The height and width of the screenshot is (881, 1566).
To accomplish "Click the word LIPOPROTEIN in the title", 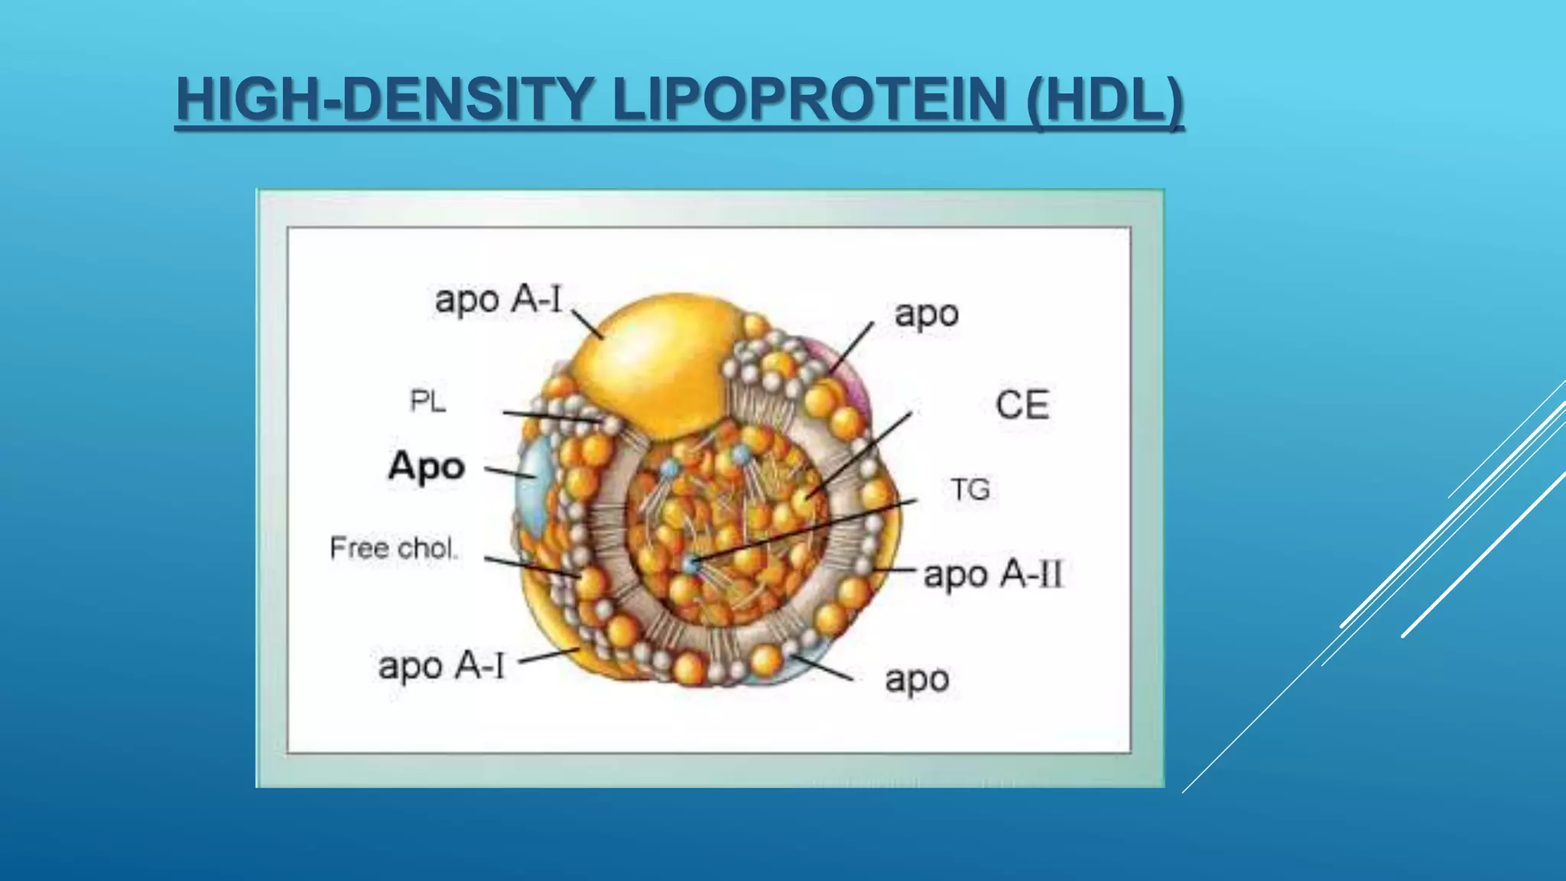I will coord(809,99).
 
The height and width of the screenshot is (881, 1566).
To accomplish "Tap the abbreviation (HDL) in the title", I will coord(1105,99).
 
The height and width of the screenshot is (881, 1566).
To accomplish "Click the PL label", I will coord(427,401).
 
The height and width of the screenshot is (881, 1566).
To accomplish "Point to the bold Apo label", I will coord(427,466).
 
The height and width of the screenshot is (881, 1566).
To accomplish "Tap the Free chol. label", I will coord(394,548).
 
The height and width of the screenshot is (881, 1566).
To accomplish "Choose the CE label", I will coord(1022,405).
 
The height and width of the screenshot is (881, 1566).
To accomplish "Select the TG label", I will coord(970,489).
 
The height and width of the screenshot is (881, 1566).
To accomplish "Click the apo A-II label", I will coord(993,574).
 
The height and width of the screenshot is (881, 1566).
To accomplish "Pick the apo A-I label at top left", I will coord(499,299).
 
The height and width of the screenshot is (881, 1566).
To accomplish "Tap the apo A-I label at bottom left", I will coord(442,665).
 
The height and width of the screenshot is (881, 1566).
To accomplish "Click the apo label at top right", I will coord(926,314).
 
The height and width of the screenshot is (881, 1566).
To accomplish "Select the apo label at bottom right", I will coord(917,679).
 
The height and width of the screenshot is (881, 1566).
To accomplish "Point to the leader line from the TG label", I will coord(803,533).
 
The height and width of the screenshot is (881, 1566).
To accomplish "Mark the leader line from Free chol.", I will coord(531,567).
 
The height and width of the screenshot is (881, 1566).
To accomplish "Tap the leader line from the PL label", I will coord(551,417).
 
